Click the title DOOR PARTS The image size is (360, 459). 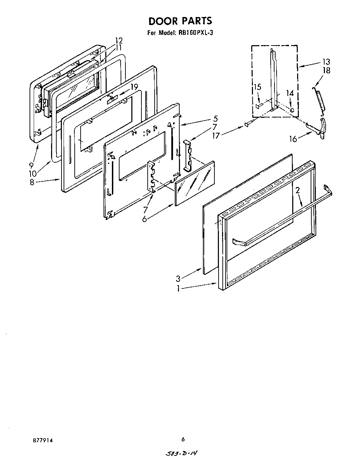coord(180,21)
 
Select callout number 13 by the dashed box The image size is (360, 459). coord(326,62)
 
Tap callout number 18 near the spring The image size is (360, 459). coord(326,71)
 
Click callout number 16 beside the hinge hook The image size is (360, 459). coord(293,139)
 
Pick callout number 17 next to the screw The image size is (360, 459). coord(216,136)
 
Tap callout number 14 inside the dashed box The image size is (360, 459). coord(290,93)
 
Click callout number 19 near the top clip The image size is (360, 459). coord(134,87)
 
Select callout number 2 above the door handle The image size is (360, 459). coord(298,190)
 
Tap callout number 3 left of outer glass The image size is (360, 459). coord(178,278)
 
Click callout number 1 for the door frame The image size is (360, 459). coord(178,288)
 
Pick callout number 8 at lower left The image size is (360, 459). coord(32,182)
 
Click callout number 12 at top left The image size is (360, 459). coord(119,40)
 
